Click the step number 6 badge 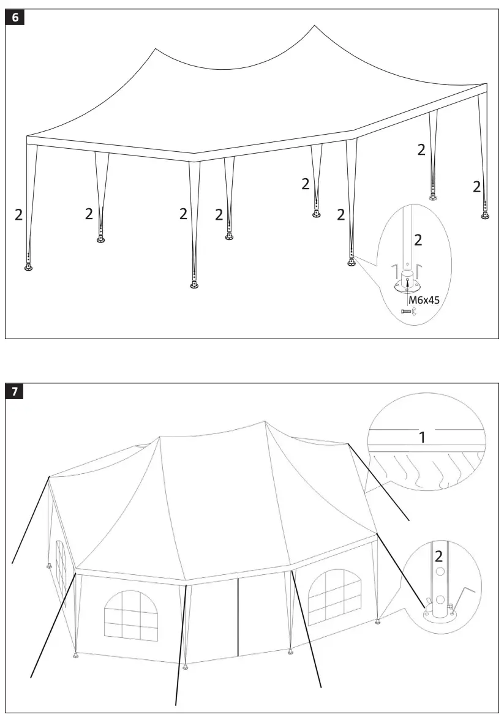click(15, 18)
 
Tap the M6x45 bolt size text click(424, 300)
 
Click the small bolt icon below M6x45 click(405, 312)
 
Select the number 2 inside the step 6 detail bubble click(418, 240)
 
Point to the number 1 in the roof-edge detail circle click(422, 437)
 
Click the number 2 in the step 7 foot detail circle click(438, 557)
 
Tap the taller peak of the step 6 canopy click(314, 26)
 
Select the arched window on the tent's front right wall click(334, 595)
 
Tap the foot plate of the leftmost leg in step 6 click(28, 268)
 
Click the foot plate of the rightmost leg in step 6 click(485, 216)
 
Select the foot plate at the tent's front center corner click(185, 667)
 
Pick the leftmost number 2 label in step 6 click(18, 215)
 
